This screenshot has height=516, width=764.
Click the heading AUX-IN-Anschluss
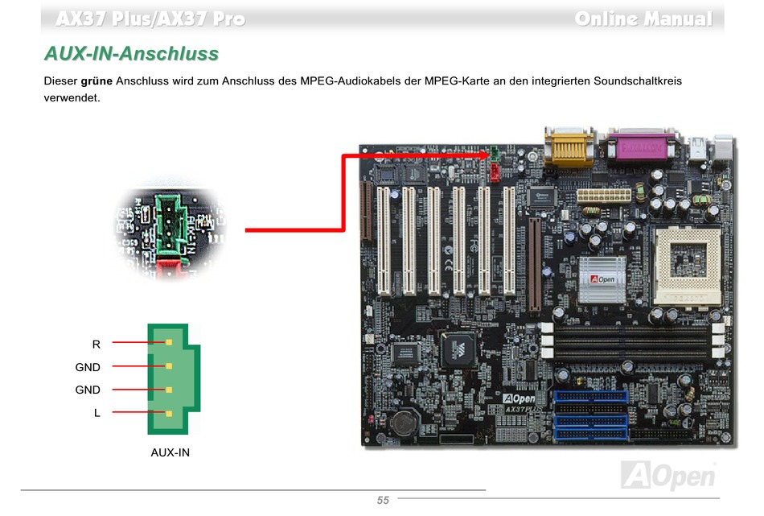[x=131, y=54]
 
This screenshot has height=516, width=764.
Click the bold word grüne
[x=97, y=81]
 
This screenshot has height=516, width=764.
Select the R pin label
[x=97, y=344]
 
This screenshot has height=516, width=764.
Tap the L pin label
[x=97, y=413]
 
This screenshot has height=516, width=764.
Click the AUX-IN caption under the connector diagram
[x=170, y=452]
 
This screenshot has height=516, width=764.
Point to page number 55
[x=383, y=500]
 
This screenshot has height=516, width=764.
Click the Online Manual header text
[x=643, y=19]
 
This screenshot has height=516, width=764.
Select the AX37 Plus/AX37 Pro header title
[x=150, y=19]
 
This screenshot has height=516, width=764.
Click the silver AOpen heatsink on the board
[x=602, y=279]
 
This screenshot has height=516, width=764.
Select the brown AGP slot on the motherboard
[x=534, y=265]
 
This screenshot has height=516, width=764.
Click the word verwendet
[x=72, y=97]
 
